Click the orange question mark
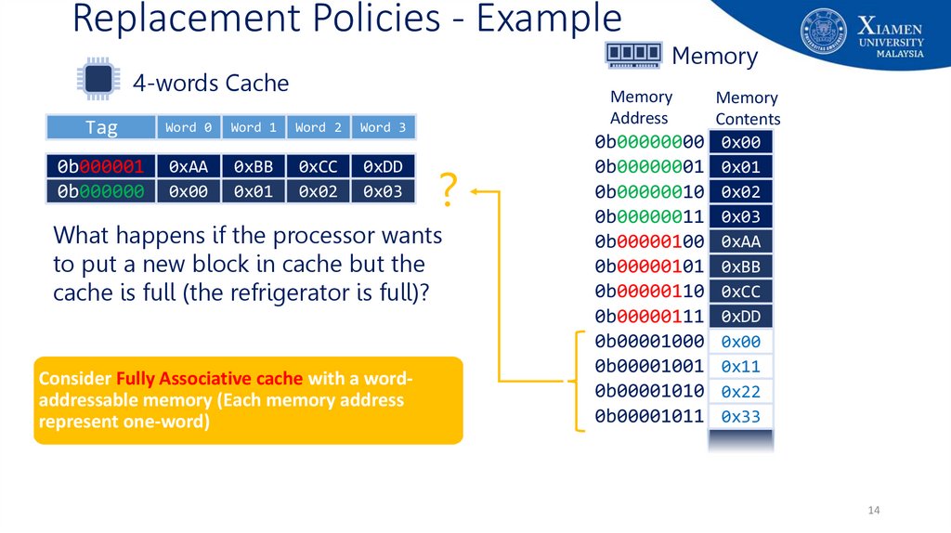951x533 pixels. click(x=448, y=189)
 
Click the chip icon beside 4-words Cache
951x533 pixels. click(x=98, y=82)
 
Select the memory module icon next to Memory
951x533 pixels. click(x=633, y=55)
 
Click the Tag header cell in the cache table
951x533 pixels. click(x=101, y=127)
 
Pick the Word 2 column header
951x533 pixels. click(x=319, y=127)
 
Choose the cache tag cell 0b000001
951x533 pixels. click(x=101, y=166)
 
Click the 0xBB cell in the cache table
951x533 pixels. click(x=254, y=166)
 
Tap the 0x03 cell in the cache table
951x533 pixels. click(x=383, y=191)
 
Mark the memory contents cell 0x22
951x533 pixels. click(x=740, y=392)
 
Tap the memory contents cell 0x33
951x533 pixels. click(x=740, y=417)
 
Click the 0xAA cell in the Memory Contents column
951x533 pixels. click(x=740, y=241)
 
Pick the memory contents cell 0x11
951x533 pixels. click(x=740, y=367)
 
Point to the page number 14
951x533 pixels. click(x=873, y=512)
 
